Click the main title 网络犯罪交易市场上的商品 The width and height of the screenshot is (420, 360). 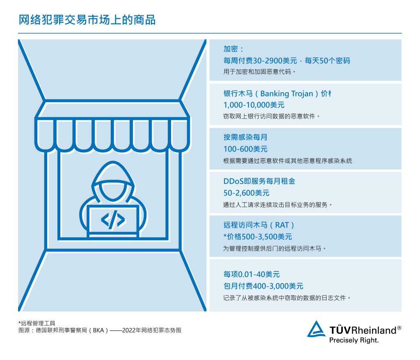point(87,20)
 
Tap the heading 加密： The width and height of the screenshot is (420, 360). point(233,49)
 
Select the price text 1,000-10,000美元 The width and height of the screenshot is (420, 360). point(254,105)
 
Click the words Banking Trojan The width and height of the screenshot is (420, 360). point(287,93)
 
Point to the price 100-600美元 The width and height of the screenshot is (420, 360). point(245,149)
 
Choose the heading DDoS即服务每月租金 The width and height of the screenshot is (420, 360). point(259,181)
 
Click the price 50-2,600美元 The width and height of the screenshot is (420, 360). point(247,193)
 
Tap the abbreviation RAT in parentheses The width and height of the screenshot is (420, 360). point(282,225)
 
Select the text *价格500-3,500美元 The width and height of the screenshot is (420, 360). point(258,237)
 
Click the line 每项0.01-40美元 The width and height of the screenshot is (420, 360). point(251,274)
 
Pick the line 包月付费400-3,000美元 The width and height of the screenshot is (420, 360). point(263,286)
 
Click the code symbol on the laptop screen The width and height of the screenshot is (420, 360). point(113,220)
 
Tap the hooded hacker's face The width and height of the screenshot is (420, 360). point(113,190)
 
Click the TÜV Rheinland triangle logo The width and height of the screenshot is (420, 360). point(316,329)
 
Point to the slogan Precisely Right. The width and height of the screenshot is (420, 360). point(354,340)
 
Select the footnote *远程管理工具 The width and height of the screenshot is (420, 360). point(37,323)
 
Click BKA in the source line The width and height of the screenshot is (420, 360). point(98,330)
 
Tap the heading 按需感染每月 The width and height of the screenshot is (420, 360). point(245,137)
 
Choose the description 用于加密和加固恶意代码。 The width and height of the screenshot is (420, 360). point(259,72)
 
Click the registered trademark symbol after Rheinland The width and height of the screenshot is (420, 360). point(399,328)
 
